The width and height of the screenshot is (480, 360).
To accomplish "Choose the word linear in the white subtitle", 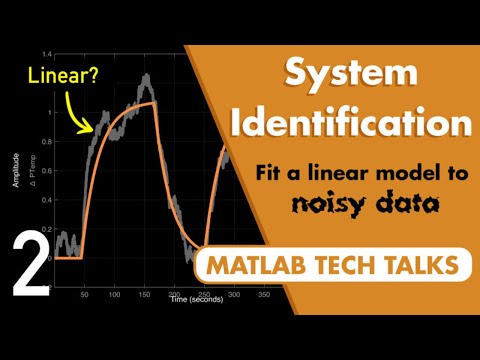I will (343, 172).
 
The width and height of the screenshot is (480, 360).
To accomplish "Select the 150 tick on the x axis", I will (148, 294).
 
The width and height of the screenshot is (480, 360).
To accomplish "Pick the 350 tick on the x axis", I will (263, 294).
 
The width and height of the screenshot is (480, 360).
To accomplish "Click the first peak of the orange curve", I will (153, 102).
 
